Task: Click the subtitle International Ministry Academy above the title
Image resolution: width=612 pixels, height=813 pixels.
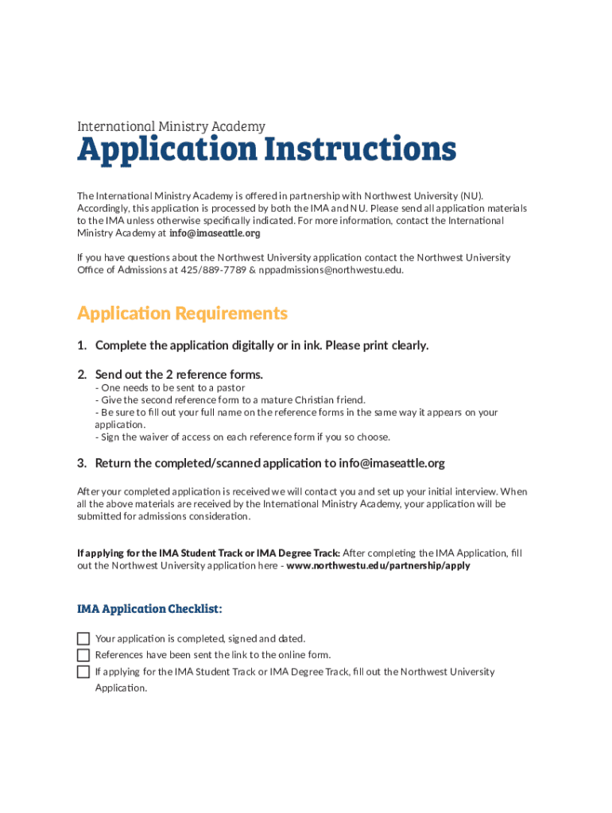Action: coord(171,126)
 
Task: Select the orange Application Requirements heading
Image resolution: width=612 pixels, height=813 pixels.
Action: coord(182,314)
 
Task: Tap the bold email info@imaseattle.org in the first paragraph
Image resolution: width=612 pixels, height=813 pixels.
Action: coord(215,233)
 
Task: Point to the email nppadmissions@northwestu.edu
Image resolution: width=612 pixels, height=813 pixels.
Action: coord(331,270)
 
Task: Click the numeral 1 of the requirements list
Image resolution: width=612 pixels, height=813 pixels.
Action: coord(81,345)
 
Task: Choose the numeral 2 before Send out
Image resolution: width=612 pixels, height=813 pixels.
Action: coord(81,374)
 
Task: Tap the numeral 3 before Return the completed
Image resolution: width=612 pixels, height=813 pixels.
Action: coord(81,463)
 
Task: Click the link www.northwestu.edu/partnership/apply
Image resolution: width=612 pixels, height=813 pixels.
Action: coord(378,566)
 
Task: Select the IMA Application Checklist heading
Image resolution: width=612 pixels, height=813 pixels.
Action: coord(149,609)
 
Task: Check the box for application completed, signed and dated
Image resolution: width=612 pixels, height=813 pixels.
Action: coord(83,639)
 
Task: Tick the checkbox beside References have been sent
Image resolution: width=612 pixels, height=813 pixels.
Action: coord(83,655)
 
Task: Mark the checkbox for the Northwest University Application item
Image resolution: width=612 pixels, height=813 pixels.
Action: coord(83,672)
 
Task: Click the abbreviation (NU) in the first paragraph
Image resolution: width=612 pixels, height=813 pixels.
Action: coord(470,195)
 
